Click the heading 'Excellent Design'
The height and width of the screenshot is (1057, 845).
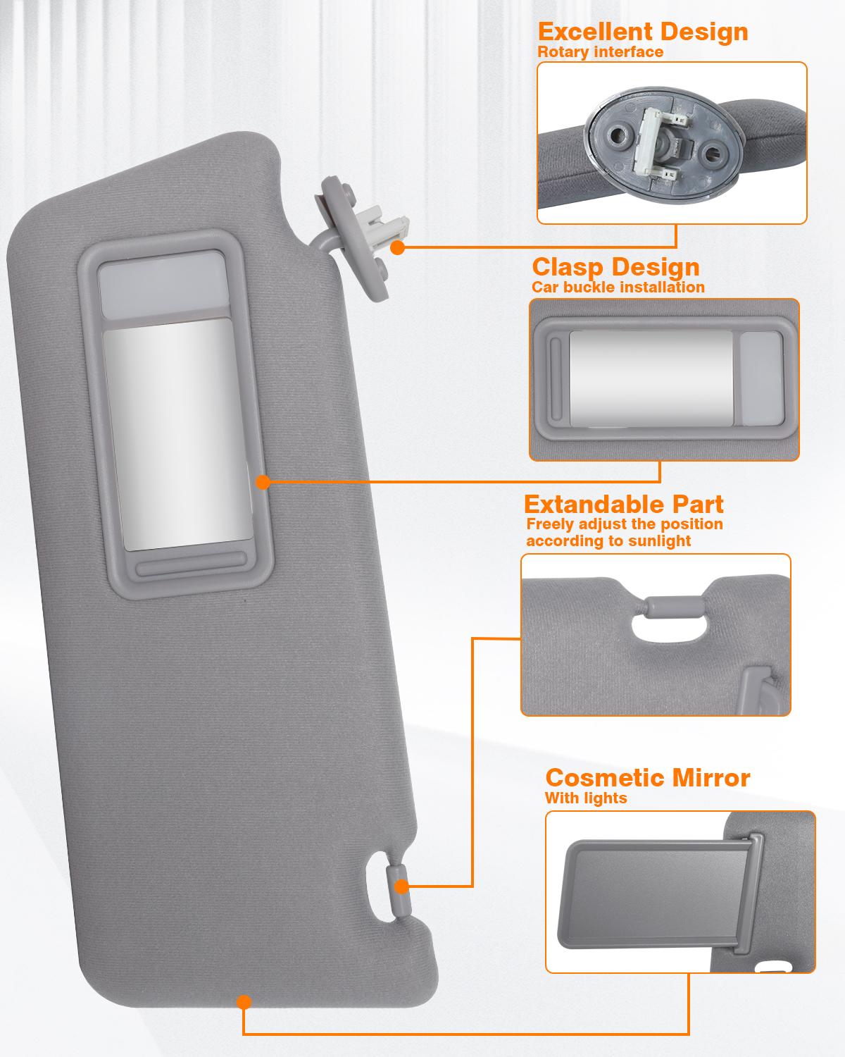point(643,32)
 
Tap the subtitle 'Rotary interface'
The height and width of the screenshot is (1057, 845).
point(600,52)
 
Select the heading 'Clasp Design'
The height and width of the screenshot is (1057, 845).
point(615,268)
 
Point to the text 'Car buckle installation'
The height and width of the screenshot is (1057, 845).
point(618,287)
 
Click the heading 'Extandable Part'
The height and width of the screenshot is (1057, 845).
point(624,505)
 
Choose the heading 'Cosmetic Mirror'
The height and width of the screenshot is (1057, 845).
point(648,779)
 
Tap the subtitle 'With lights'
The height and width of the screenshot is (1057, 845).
point(586,798)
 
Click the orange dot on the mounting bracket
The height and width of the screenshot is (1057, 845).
point(397,247)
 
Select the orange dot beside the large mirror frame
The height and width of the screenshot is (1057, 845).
point(263,482)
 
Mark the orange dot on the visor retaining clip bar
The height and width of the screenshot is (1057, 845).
point(401,886)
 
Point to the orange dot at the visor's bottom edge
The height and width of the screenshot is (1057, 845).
point(244,1002)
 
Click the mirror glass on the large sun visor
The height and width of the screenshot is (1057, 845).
point(177,435)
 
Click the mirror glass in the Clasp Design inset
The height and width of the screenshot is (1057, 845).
point(651,378)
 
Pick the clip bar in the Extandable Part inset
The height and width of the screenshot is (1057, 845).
point(674,607)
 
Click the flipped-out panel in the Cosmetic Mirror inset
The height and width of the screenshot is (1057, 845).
point(656,895)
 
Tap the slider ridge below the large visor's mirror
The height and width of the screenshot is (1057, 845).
point(192,564)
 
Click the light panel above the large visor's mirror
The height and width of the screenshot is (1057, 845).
point(163,285)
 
